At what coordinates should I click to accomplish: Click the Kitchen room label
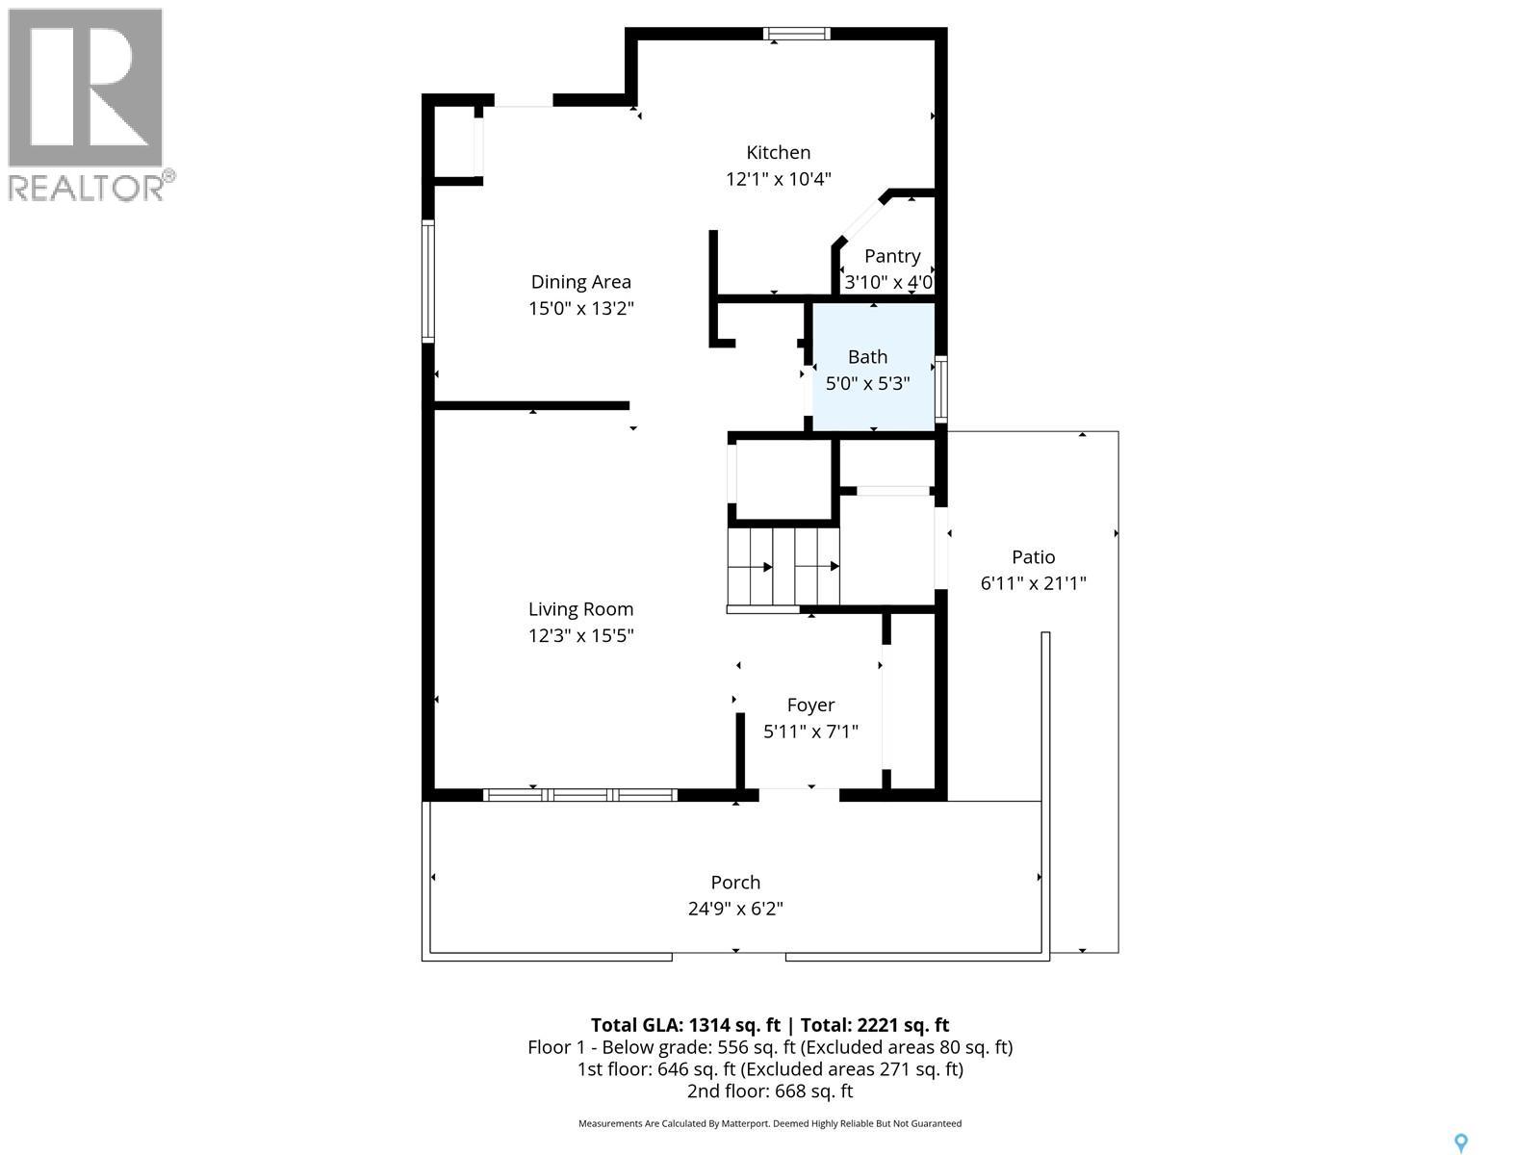point(778,152)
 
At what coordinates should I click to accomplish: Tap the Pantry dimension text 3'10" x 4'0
point(888,283)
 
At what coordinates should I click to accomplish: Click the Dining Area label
point(580,282)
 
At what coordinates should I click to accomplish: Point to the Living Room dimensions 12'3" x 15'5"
point(580,635)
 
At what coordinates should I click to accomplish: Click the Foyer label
point(810,705)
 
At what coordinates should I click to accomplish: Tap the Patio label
point(1033,556)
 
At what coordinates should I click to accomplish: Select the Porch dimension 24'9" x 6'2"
point(735,909)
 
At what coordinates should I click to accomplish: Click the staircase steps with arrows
point(783,567)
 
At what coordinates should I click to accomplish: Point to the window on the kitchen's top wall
point(796,34)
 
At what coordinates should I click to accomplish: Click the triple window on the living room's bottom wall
point(579,795)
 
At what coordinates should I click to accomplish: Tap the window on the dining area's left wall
point(428,281)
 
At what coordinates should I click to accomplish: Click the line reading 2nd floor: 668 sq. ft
point(770,1091)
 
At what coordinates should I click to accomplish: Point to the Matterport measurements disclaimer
point(770,1123)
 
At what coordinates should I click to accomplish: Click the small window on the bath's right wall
point(941,390)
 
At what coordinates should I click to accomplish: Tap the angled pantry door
point(859,221)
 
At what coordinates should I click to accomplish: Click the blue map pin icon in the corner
point(1460,1142)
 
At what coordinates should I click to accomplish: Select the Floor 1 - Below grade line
point(770,1047)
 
